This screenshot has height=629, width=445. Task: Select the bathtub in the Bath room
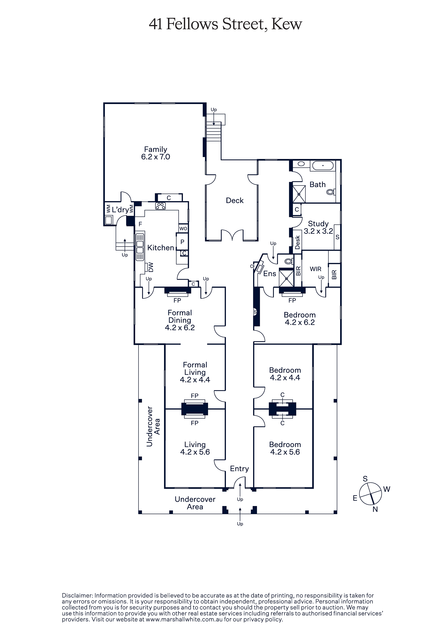323,166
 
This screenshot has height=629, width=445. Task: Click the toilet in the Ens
289,261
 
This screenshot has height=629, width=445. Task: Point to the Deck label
235,200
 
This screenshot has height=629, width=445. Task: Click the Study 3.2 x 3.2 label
318,227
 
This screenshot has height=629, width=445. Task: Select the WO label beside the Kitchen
183,228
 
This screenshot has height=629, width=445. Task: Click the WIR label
316,269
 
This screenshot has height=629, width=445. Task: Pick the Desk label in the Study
297,242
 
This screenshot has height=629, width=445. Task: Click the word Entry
239,469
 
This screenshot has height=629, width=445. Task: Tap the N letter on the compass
375,509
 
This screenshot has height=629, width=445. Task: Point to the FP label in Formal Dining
177,301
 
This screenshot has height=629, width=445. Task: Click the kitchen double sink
140,247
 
